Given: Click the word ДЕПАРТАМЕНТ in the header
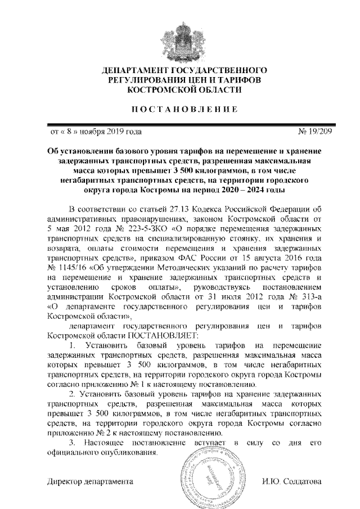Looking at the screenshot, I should click(134, 70).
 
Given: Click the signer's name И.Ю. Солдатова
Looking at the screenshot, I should click(292, 482).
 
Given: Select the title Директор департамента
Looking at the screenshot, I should click(90, 482).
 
